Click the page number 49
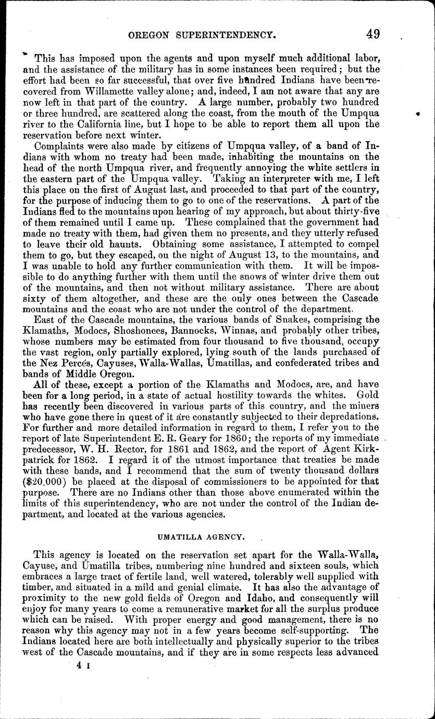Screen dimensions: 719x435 372,34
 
